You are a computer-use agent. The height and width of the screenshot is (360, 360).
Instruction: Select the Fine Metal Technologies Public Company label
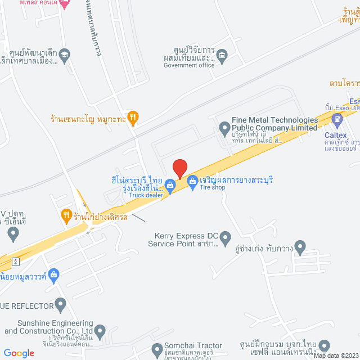click(274, 124)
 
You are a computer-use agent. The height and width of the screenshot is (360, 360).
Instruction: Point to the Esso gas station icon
click(337, 119)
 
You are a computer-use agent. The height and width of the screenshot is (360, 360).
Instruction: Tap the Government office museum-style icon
click(222, 55)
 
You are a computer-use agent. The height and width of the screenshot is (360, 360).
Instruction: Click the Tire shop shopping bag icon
click(192, 181)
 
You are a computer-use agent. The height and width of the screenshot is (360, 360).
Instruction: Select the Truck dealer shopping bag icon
click(170, 184)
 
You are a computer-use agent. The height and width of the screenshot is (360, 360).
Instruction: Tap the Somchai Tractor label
click(193, 345)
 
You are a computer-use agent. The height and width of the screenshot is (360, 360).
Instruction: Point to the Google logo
click(19, 353)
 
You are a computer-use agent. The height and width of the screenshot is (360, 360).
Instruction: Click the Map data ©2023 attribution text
click(335, 355)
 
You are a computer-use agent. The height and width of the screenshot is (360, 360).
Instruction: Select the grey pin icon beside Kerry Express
click(226, 239)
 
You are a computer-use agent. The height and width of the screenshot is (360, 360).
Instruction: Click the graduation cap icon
click(65, 55)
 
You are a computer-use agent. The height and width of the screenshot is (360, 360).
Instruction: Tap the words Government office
click(189, 65)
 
